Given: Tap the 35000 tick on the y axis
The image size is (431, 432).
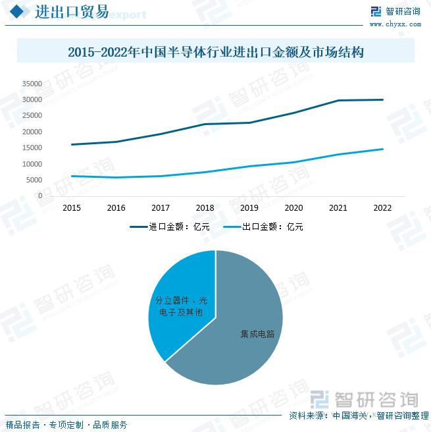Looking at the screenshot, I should point(32,84).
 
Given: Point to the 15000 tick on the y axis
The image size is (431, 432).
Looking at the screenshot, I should point(32,148).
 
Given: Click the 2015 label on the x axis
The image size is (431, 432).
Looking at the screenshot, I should point(72,208).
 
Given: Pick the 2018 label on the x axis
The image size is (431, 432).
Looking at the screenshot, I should point(205,208).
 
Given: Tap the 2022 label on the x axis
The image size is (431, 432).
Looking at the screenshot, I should point(382,208).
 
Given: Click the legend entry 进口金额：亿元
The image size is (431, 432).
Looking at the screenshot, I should point(170,227).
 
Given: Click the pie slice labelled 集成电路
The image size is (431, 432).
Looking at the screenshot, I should point(250,329).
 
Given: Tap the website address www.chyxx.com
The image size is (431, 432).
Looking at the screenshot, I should point(395,24).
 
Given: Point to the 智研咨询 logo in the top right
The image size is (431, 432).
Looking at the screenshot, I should point(395,11).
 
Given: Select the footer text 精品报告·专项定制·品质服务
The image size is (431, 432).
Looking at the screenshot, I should point(66,425).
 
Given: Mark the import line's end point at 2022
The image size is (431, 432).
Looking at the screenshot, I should point(382,99).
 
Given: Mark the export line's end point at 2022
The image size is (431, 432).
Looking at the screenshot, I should point(382,149).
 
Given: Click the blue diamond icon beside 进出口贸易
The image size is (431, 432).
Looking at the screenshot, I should point(20,12).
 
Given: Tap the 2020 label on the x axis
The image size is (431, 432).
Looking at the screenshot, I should point(293,208).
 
